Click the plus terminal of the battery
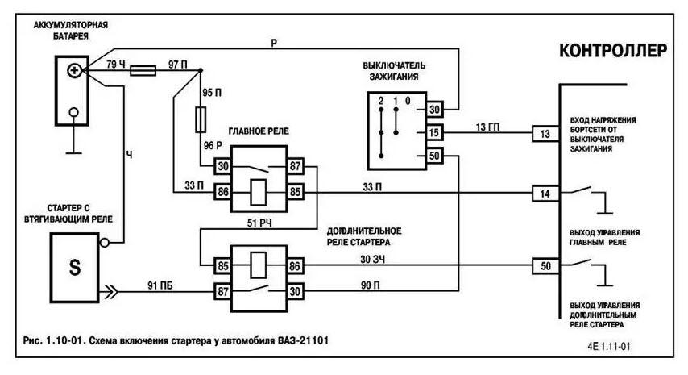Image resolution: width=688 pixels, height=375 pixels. tap(74, 71)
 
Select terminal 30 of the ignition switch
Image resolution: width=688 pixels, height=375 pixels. tap(434, 109)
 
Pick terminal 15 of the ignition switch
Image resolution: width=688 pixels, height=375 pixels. tap(434, 133)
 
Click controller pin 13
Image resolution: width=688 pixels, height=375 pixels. tap(545, 133)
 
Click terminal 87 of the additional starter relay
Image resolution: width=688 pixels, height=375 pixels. tap(220, 290)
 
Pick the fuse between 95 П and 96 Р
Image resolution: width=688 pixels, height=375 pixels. tap(203, 122)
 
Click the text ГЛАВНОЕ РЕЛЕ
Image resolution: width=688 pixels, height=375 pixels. tap(258, 130)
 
